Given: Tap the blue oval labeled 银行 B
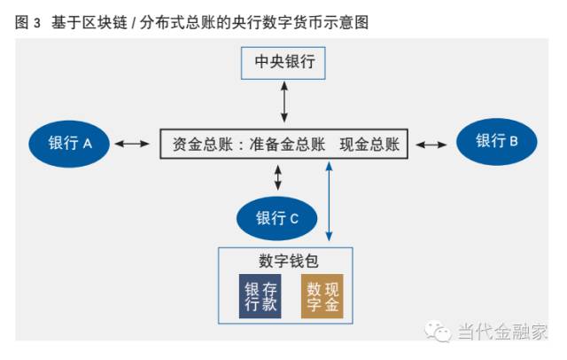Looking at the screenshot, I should click(x=496, y=141).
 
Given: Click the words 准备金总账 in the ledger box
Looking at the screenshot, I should click(x=287, y=144).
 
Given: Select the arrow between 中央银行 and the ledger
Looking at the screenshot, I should click(x=284, y=103).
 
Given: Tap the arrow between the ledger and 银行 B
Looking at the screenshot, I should click(x=431, y=144).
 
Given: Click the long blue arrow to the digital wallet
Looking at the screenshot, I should click(x=329, y=203).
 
